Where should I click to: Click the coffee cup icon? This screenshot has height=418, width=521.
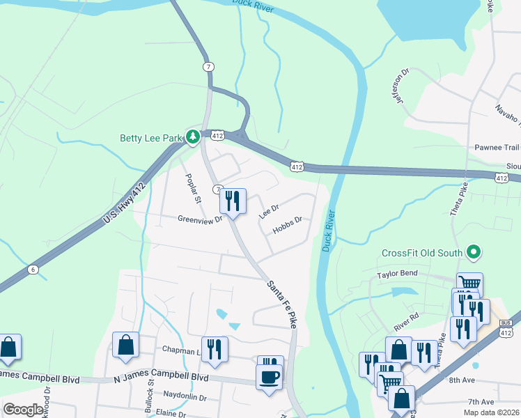tap(269, 378)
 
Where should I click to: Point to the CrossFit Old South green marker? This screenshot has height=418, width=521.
tap(474, 251)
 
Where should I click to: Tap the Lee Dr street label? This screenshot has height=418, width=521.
tap(268, 212)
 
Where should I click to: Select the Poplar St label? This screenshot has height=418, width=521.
tap(192, 188)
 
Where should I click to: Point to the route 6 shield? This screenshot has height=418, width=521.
tap(32, 269)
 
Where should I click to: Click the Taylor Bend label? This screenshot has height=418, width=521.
tap(397, 274)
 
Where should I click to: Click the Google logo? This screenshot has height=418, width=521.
tap(24, 409)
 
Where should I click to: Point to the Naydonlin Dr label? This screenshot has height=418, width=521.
tap(184, 398)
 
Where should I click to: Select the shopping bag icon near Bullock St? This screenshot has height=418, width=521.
tap(125, 345)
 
